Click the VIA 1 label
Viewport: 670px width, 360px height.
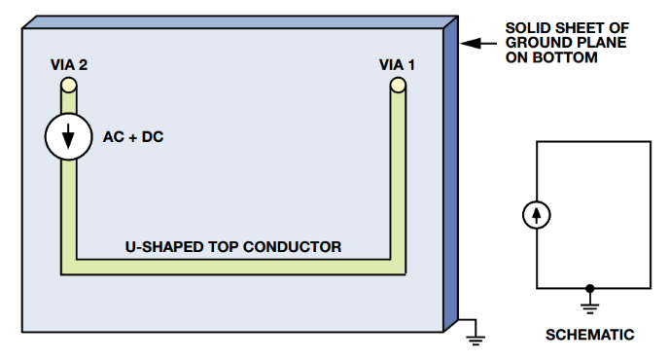point(397,65)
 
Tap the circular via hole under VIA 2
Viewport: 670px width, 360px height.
point(69,88)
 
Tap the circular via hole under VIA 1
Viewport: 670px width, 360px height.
point(398,88)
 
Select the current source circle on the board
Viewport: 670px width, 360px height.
point(68,137)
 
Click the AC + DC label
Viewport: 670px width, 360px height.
point(133,137)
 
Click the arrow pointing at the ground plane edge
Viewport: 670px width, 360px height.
point(473,43)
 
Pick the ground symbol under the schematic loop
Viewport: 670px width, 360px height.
point(589,305)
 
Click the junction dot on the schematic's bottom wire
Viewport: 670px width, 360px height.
point(589,288)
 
